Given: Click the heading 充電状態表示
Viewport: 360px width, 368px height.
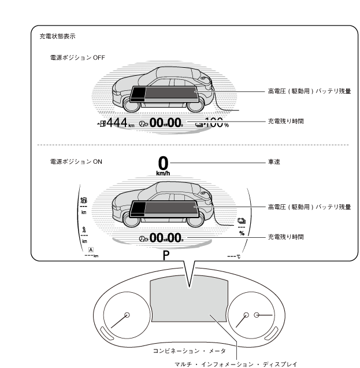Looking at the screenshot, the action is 57,36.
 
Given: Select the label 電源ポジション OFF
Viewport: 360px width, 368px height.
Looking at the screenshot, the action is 77,58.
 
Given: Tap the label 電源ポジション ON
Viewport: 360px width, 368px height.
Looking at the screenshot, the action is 76,162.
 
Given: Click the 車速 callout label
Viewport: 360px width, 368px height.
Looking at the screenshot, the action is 274,162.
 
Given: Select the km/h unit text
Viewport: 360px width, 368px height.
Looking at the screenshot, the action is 164,172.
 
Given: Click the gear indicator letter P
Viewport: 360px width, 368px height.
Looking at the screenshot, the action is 166,256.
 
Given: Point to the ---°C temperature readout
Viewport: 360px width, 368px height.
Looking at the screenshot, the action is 233,256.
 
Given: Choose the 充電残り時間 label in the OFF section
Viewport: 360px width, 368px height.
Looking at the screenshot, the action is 285,122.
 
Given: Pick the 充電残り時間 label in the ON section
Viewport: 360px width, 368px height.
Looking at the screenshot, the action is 285,237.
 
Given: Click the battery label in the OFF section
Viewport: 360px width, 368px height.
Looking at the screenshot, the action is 309,91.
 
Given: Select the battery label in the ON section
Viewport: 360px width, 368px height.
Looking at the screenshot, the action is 309,207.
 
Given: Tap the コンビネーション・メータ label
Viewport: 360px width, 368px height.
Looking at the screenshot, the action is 190,351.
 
